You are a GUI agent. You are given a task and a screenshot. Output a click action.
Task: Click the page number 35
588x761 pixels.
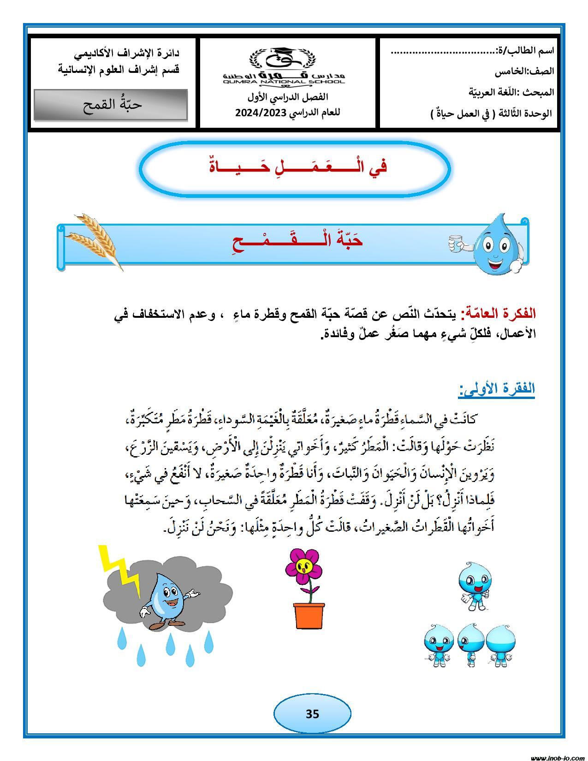coord(312,713)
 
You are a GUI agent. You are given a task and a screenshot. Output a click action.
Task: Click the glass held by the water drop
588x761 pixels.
coord(455,242)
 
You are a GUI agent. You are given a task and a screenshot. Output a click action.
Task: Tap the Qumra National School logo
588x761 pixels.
coord(284,67)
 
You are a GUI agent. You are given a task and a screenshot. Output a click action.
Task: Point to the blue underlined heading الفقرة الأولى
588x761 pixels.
coord(497,389)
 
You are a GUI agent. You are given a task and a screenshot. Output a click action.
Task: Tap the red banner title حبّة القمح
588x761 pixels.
coord(297,241)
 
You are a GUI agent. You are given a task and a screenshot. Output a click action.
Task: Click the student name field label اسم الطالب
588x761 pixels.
coord(526,51)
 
